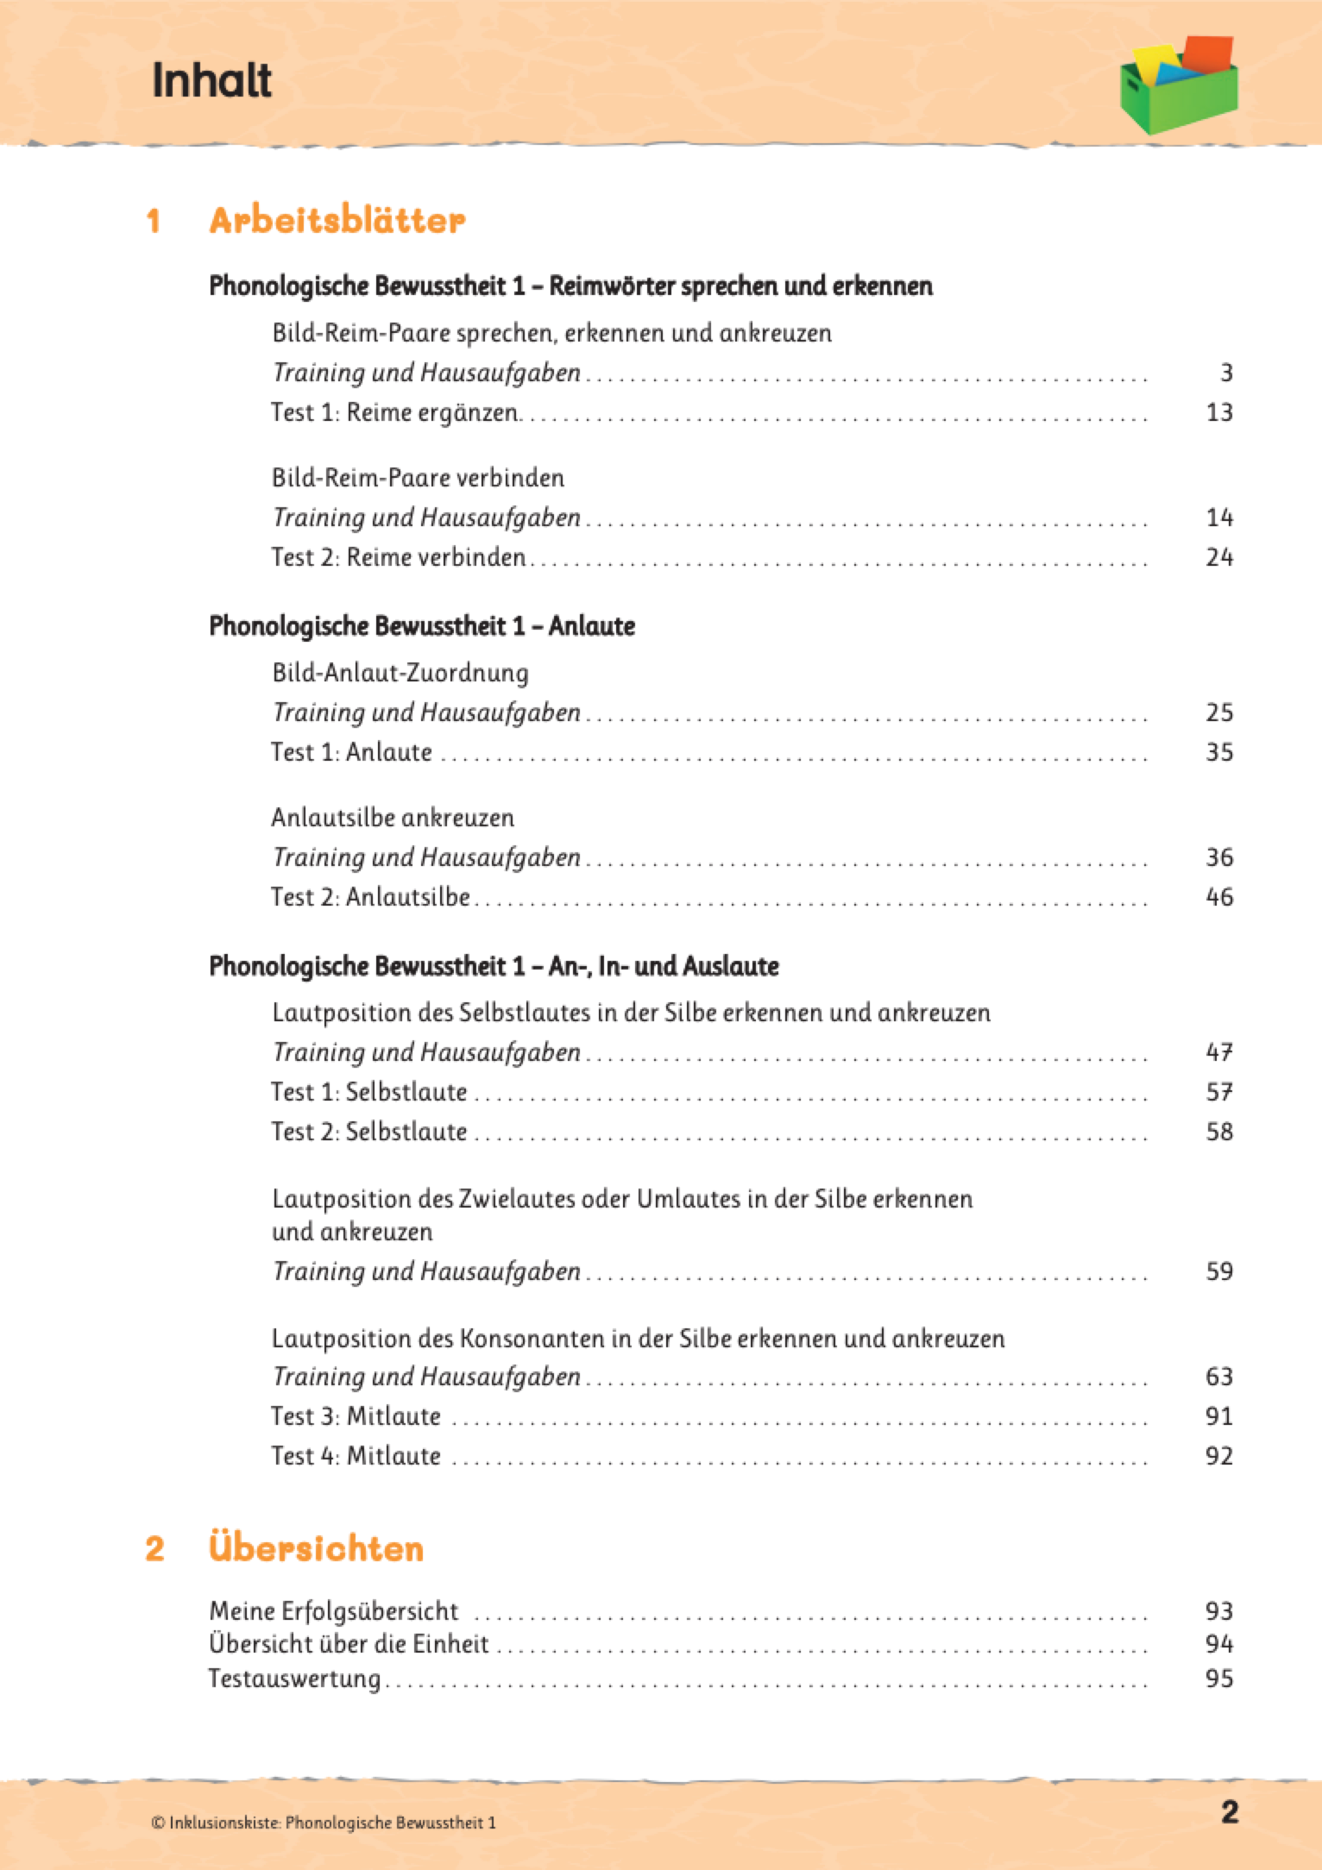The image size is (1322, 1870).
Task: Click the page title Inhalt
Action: [211, 81]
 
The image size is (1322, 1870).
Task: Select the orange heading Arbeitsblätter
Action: [337, 221]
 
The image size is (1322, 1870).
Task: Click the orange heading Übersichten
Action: [316, 1548]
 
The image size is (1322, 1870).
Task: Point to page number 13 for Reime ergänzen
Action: [1218, 412]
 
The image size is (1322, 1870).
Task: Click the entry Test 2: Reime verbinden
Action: [398, 557]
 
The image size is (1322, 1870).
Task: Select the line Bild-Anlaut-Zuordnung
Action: [400, 673]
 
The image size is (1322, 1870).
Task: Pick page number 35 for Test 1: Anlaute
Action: [1218, 752]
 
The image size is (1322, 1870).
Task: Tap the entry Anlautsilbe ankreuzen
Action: [393, 818]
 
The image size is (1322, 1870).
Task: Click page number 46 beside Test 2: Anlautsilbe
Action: [1218, 897]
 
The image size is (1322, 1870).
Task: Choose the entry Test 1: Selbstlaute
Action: [368, 1092]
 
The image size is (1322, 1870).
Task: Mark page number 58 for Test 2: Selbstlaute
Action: [1218, 1132]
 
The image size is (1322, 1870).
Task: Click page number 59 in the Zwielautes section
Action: [1218, 1271]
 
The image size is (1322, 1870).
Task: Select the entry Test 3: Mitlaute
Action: [356, 1416]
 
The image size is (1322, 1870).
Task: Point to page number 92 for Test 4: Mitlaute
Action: [1218, 1456]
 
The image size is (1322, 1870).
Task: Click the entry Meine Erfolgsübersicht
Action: [334, 1611]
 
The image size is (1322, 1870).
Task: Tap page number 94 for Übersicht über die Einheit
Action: [1218, 1644]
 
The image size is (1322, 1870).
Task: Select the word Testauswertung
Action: [294, 1679]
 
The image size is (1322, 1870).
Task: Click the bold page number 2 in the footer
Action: [1230, 1811]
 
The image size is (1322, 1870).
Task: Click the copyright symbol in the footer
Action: [157, 1823]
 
